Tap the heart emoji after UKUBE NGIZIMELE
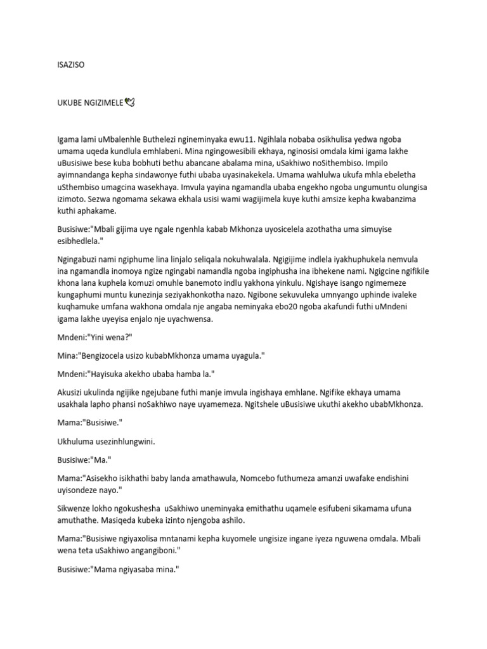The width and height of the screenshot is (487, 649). pyautogui.click(x=131, y=101)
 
